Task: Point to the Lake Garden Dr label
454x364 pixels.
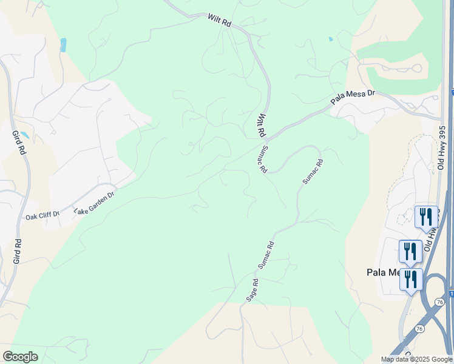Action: [94, 203]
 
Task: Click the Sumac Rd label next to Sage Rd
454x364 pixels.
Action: [266, 255]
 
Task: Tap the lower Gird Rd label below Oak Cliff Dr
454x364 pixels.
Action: [17, 251]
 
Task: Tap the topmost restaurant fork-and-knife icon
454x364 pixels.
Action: [426, 216]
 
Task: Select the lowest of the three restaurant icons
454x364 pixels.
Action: [411, 280]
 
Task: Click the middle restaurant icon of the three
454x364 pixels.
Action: [410, 251]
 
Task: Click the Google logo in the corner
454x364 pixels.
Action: [20, 357]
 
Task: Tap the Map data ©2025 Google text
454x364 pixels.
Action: [416, 359]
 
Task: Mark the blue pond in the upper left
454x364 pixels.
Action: [63, 44]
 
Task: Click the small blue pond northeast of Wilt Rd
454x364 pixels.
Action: [330, 39]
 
